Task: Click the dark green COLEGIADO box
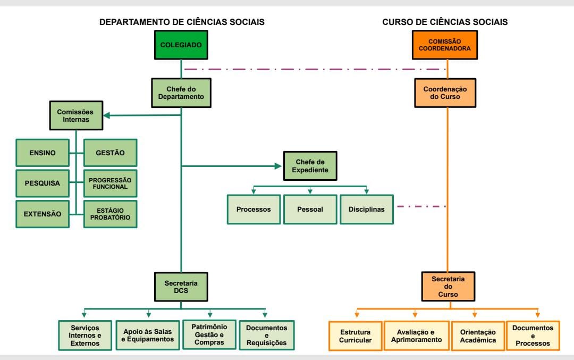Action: pos(181,45)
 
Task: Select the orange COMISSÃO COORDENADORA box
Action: pos(445,45)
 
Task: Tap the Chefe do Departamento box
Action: pos(181,93)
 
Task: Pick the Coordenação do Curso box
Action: pos(445,93)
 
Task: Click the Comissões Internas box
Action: pos(76,115)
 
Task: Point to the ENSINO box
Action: pos(43,153)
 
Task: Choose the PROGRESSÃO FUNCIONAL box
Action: pos(110,183)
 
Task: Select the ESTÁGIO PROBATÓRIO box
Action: pos(110,214)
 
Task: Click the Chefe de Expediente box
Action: pos(310,166)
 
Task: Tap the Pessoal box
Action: pos(310,209)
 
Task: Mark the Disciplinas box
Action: pos(366,209)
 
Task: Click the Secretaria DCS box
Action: pos(181,287)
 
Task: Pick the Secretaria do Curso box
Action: pos(448,287)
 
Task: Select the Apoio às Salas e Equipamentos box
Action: pos(148,335)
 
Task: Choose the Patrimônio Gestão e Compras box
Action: pos(209,334)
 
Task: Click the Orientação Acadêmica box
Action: pos(478,336)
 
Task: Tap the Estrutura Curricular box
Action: pos(355,336)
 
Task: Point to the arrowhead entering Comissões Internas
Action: pos(107,115)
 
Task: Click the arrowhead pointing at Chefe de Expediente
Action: pos(278,166)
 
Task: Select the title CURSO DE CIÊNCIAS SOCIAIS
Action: pos(445,22)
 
